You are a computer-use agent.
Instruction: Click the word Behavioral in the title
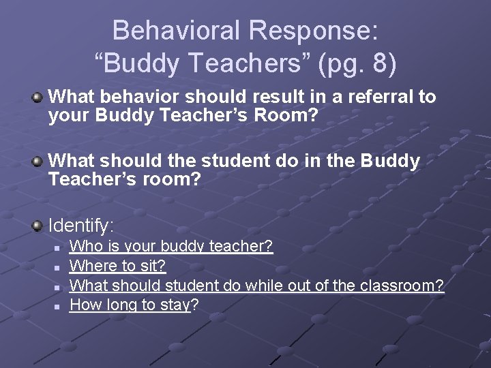[x=177, y=31]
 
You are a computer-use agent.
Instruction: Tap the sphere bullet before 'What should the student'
[x=38, y=162]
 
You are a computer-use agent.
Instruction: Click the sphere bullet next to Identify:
[x=38, y=224]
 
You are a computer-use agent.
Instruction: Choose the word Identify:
[x=82, y=224]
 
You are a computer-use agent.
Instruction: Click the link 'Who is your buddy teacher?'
[x=171, y=246]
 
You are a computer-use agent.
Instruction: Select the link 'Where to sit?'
[x=118, y=266]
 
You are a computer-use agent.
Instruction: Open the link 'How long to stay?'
[x=130, y=305]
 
